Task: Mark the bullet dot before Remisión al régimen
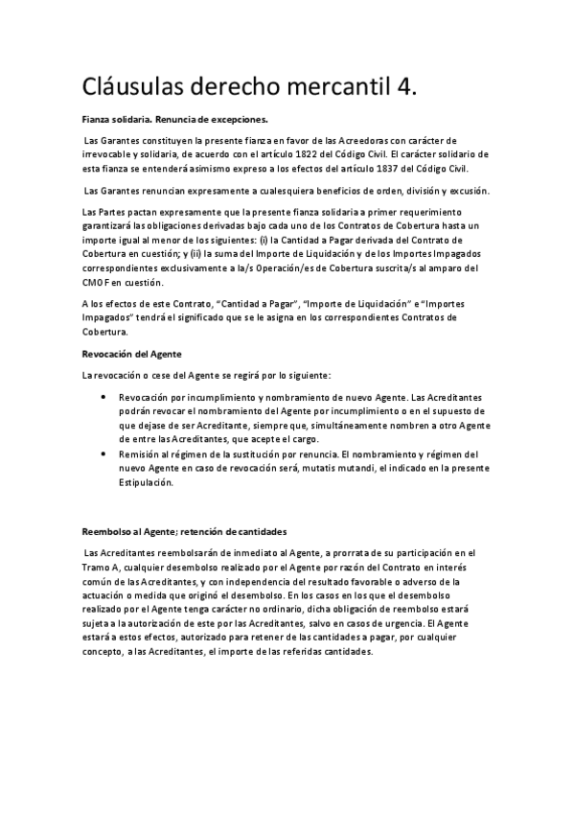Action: pos(104,453)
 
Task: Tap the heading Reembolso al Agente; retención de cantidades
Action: pos(184,531)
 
